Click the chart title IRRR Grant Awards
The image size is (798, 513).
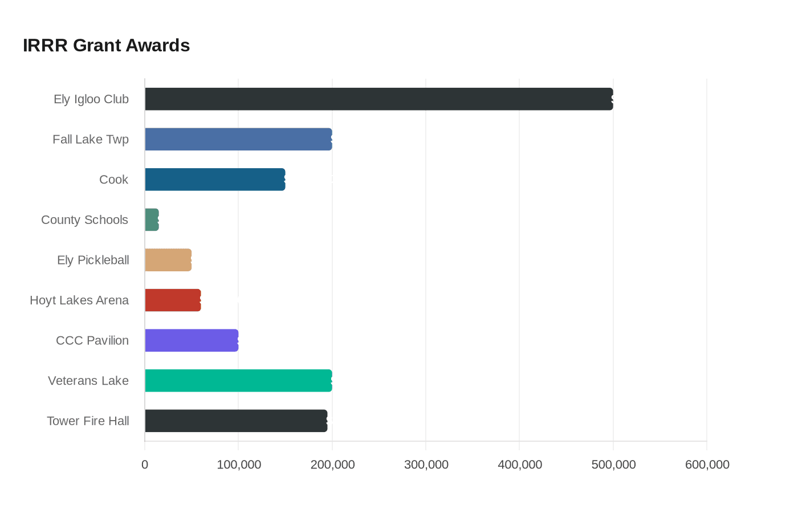[x=106, y=46]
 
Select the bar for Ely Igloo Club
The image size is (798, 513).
[x=379, y=99]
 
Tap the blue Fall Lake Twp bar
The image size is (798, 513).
[x=239, y=139]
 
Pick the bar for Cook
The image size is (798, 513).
[x=215, y=180]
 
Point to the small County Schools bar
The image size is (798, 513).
[x=152, y=220]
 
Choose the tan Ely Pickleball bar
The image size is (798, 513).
[x=168, y=260]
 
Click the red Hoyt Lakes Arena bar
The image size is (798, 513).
[x=173, y=300]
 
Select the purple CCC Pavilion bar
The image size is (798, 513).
[x=192, y=341]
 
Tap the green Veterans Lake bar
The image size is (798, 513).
[x=239, y=381]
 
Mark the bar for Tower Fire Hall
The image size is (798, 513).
[x=236, y=421]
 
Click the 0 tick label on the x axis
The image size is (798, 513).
[x=145, y=465]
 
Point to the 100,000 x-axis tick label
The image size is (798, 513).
[x=239, y=465]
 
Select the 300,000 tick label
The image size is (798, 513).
[x=426, y=465]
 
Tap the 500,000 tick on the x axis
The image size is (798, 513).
[x=613, y=465]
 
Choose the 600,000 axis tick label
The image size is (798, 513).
[x=707, y=465]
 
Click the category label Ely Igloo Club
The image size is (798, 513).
[x=91, y=99]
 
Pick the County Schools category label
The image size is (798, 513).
[x=84, y=220]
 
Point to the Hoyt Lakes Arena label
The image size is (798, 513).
[x=79, y=300]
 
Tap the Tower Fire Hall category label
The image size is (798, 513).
[x=88, y=421]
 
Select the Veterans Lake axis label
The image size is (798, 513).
[x=88, y=381]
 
